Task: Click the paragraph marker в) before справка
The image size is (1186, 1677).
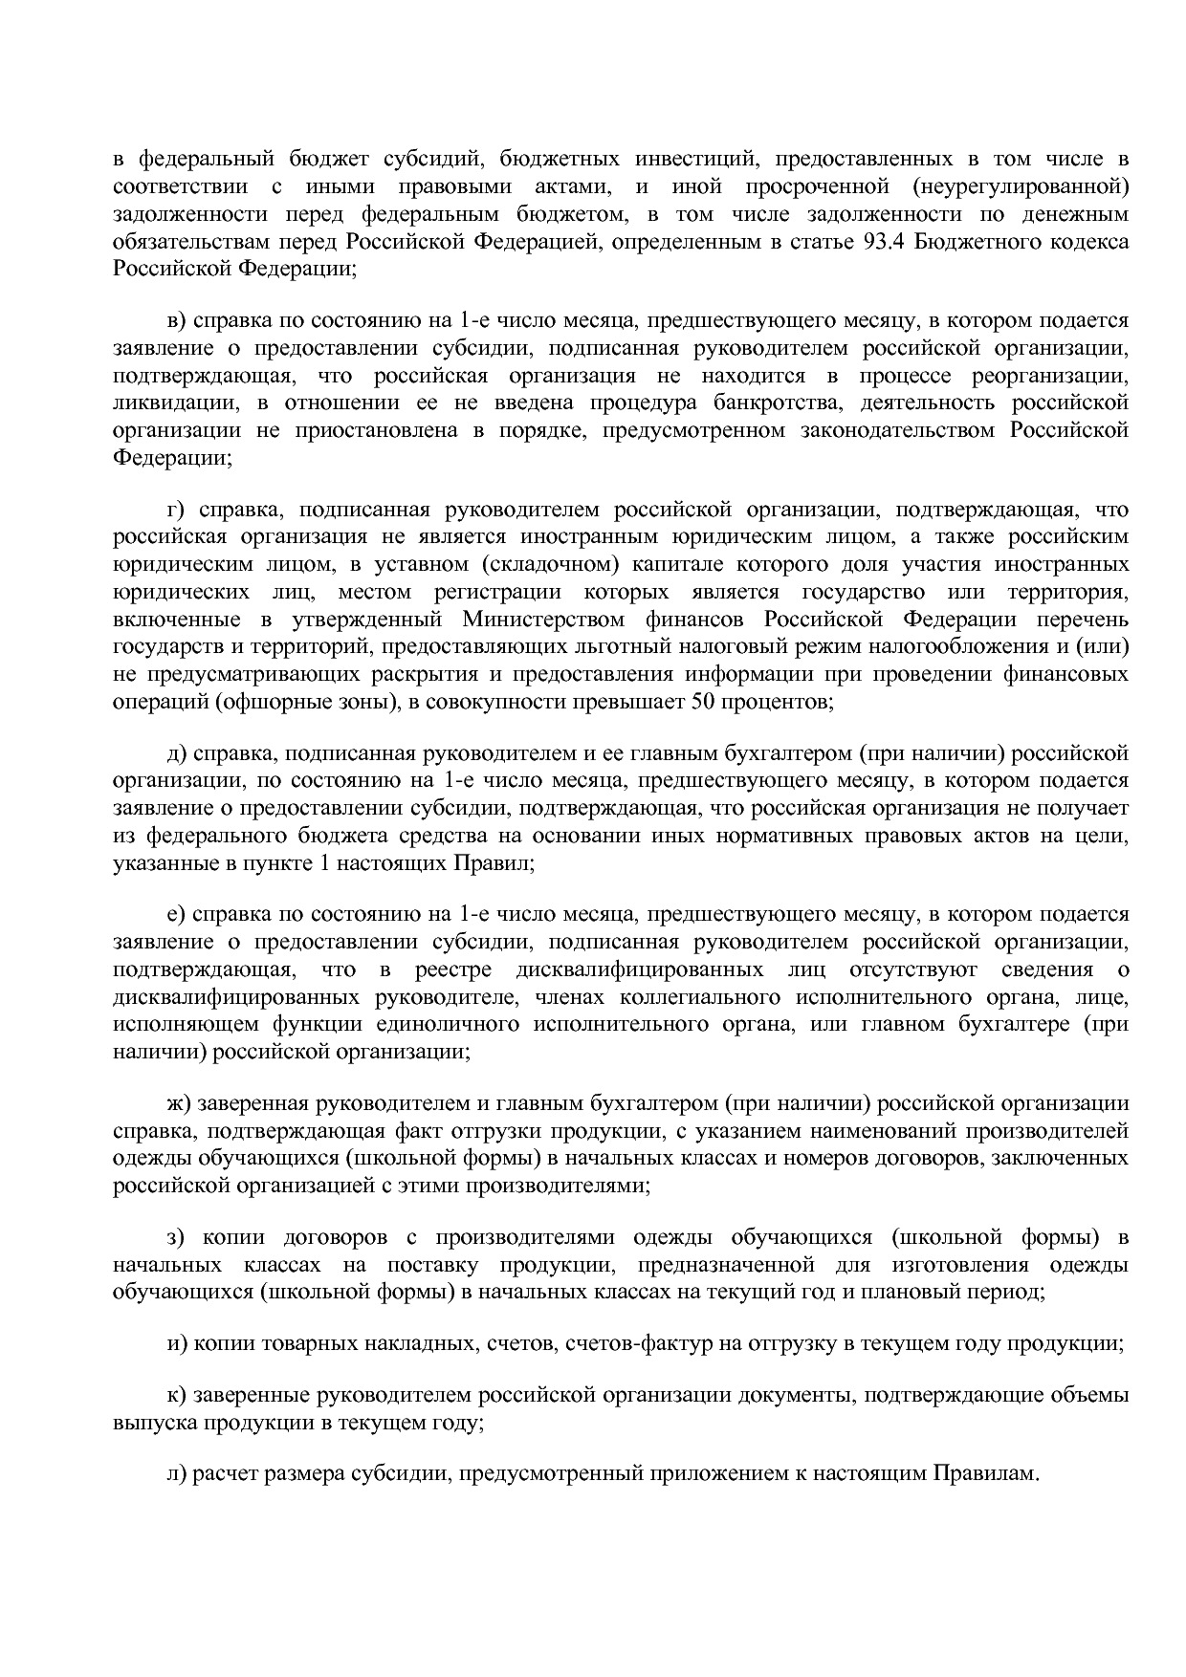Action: pyautogui.click(x=176, y=320)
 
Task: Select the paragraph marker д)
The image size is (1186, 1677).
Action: pyautogui.click(x=176, y=754)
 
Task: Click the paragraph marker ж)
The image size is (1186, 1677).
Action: pyautogui.click(x=179, y=1104)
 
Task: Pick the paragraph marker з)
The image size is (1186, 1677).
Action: pyautogui.click(x=175, y=1238)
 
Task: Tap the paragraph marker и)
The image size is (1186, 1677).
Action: pyautogui.click(x=176, y=1343)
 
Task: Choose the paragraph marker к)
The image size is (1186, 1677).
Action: pyautogui.click(x=176, y=1395)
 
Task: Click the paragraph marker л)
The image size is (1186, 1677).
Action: pyautogui.click(x=176, y=1473)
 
